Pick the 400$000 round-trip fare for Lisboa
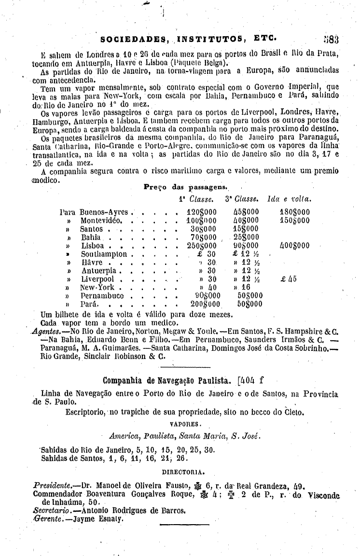pos(295,246)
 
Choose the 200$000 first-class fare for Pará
pos(205,305)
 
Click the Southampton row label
pos(104,254)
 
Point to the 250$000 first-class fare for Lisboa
pos(202,246)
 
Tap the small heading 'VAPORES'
pos(186,424)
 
